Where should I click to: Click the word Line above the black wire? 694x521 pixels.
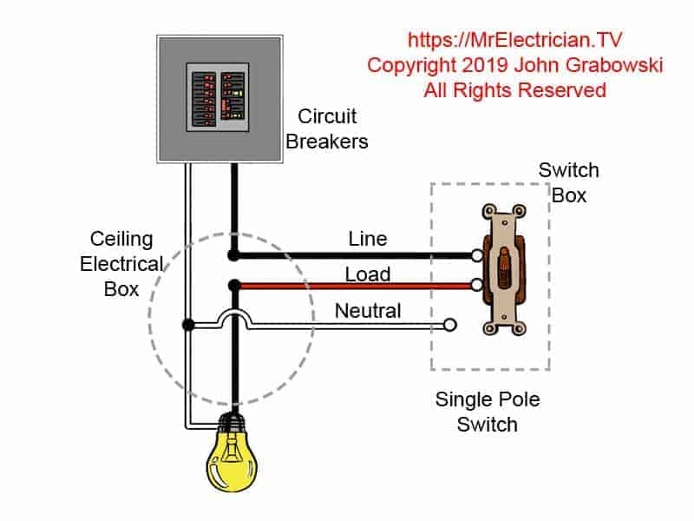[x=368, y=239]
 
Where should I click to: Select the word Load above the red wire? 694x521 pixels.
[x=368, y=274]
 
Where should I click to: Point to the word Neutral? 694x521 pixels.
[x=368, y=310]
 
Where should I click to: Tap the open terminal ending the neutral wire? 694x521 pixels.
[x=449, y=326]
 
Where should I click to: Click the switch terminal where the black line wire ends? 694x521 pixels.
[x=477, y=255]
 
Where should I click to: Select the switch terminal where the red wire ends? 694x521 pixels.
[x=477, y=285]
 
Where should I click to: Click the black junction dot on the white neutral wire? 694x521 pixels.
[x=187, y=325]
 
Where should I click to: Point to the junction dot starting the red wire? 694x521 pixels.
[x=232, y=285]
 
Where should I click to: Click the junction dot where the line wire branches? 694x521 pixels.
[x=232, y=255]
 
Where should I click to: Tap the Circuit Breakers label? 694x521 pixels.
[x=327, y=129]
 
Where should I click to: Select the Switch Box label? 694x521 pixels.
[x=569, y=182]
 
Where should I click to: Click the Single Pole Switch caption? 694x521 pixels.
[x=488, y=412]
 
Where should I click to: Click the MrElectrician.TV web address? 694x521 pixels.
[x=514, y=40]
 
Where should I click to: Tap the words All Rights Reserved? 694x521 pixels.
[x=514, y=90]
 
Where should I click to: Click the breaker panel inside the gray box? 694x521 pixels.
[x=219, y=97]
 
